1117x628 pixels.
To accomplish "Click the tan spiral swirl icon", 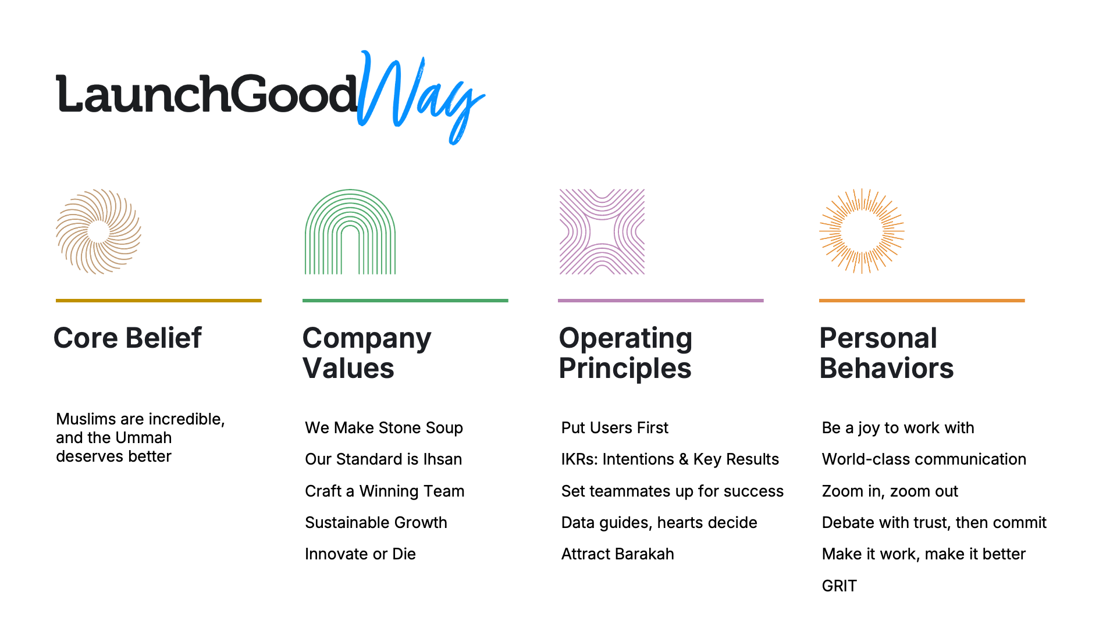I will (98, 231).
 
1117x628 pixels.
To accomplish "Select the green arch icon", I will (350, 231).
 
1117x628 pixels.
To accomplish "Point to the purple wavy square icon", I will (602, 231).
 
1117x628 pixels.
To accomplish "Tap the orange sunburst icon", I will (862, 231).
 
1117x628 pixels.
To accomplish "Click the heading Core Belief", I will (127, 338).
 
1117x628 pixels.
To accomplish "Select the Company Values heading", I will (367, 353).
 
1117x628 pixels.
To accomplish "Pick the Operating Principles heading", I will (625, 353).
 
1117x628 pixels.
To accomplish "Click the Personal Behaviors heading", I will (886, 353).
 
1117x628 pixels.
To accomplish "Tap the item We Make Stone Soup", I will (384, 428).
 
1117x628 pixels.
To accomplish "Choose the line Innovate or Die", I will (360, 554).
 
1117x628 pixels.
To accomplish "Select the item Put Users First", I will (614, 428).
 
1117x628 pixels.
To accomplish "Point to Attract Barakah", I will (617, 554).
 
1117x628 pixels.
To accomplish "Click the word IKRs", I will (578, 459).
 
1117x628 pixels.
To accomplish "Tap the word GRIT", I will (839, 586).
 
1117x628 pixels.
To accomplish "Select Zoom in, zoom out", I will (890, 491).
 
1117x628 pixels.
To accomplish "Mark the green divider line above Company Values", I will (405, 301).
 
